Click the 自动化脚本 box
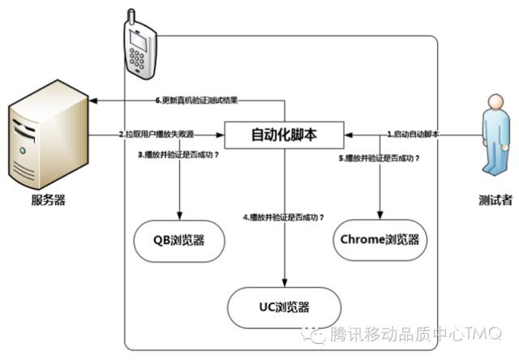(x=284, y=135)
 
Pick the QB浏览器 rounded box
(x=179, y=241)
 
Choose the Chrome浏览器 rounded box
(x=380, y=240)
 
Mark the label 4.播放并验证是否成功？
(x=284, y=217)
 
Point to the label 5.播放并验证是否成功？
(x=379, y=159)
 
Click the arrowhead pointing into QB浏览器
(x=178, y=218)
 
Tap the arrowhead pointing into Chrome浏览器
(x=380, y=216)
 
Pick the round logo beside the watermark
(x=311, y=332)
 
